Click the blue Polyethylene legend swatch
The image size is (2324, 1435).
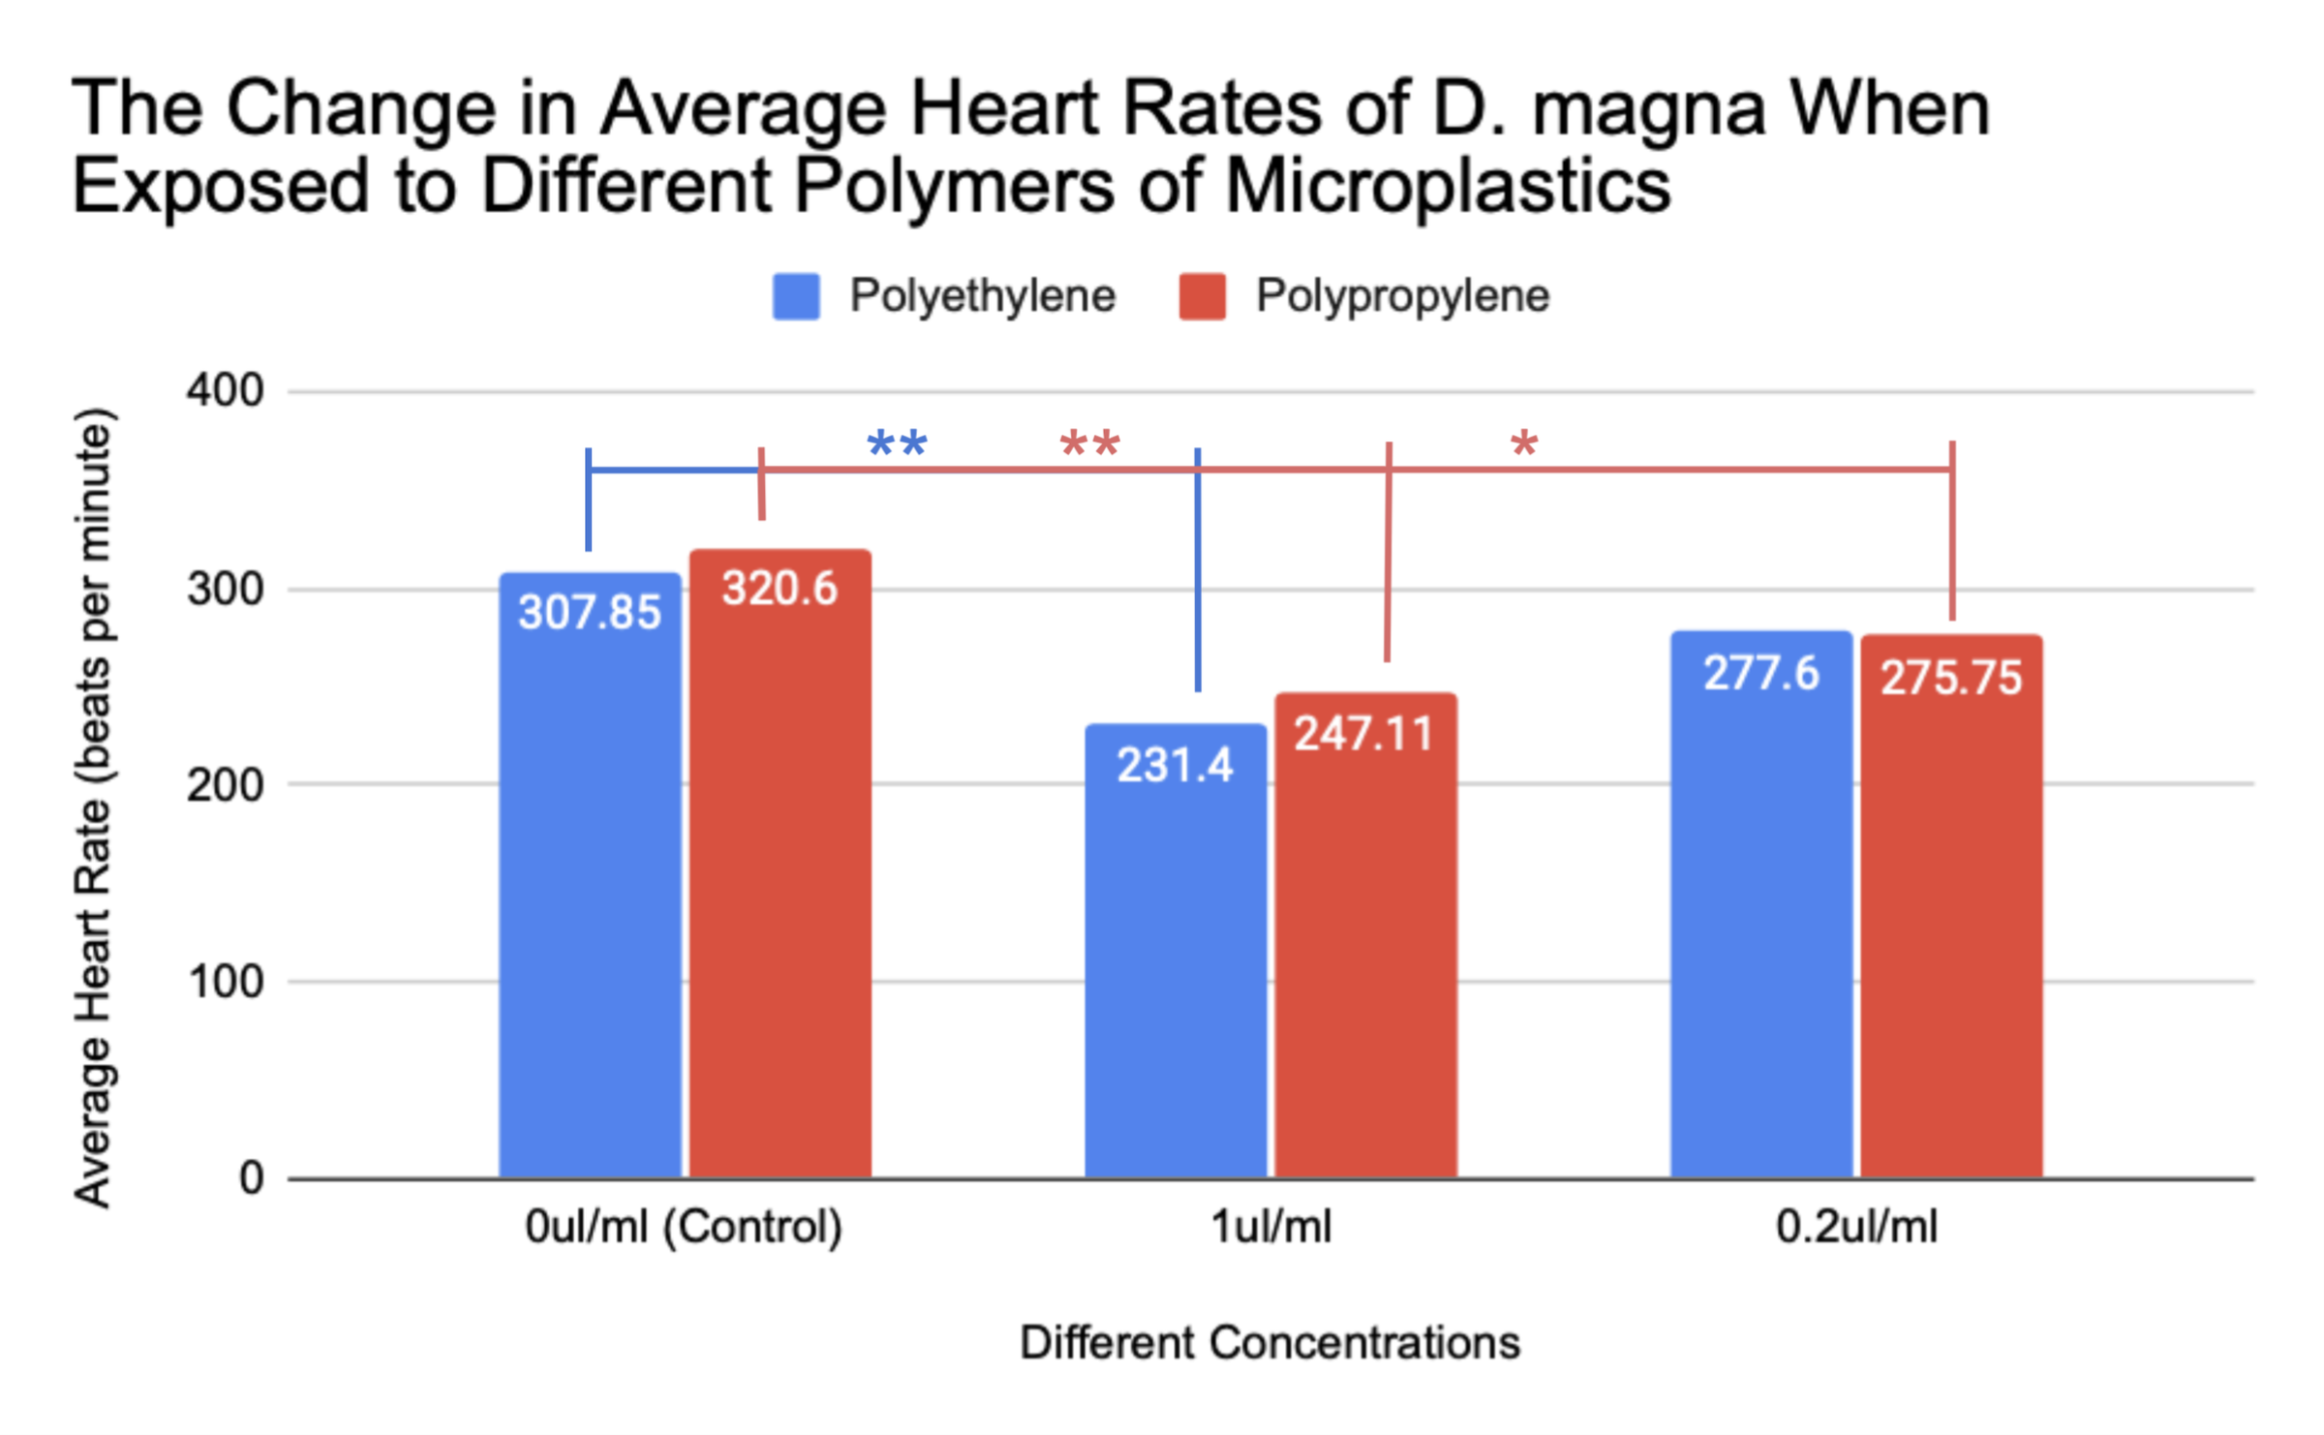click(x=796, y=296)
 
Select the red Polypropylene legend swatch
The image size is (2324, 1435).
click(x=1202, y=296)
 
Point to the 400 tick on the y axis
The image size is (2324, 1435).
click(x=225, y=391)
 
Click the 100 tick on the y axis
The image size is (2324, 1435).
click(x=225, y=982)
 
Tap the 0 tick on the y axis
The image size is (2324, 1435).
click(x=251, y=1179)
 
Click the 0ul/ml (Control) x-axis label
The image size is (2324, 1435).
click(x=684, y=1228)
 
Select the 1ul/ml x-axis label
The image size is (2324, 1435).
click(x=1270, y=1228)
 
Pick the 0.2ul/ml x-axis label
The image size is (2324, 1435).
click(x=1856, y=1228)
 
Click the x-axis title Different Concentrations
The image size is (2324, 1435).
click(x=1269, y=1344)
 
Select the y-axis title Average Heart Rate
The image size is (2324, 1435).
click(x=94, y=809)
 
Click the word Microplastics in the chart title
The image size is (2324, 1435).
click(x=1448, y=186)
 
